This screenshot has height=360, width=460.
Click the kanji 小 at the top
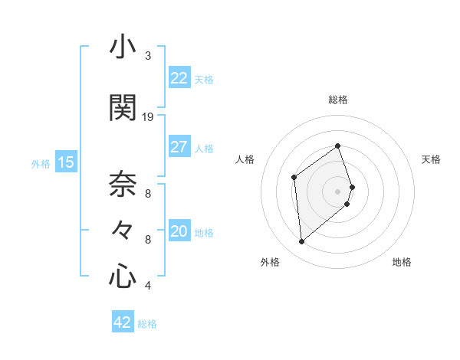pos(123,47)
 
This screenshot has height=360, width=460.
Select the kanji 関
pos(123,107)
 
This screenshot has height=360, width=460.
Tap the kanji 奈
pos(123,184)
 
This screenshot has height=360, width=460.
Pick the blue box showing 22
pos(179,78)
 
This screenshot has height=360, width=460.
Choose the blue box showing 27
pos(179,147)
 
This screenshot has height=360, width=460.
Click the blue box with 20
pos(179,231)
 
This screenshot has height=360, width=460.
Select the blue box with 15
pos(65,162)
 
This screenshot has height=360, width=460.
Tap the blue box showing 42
pos(123,322)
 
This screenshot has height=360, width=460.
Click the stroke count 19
pos(148,117)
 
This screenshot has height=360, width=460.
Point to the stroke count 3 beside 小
pos(148,56)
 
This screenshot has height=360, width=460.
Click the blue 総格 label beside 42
pos(147,324)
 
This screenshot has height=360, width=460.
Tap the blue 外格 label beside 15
pos(40,163)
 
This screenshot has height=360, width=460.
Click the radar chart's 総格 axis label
pos(337,100)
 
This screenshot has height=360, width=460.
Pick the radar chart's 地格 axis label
pos(402,262)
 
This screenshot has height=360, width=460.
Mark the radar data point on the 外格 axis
pos(301,242)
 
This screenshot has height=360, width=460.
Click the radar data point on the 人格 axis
pos(294,178)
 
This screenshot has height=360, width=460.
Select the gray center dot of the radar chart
pos(337,191)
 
